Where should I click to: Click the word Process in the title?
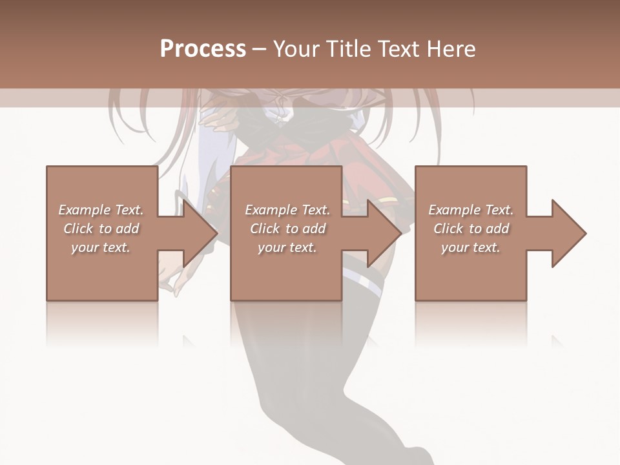203,49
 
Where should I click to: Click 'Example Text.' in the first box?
101,210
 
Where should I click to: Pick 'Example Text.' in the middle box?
287,210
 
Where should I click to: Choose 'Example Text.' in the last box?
471,210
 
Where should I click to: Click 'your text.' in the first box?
101,247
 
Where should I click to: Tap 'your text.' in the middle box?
287,247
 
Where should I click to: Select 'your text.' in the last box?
471,247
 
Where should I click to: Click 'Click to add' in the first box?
101,229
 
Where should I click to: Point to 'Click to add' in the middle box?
287,229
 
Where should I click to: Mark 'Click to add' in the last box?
471,229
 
